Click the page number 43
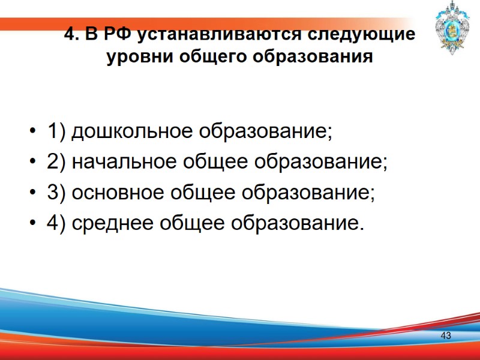tap(446, 335)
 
